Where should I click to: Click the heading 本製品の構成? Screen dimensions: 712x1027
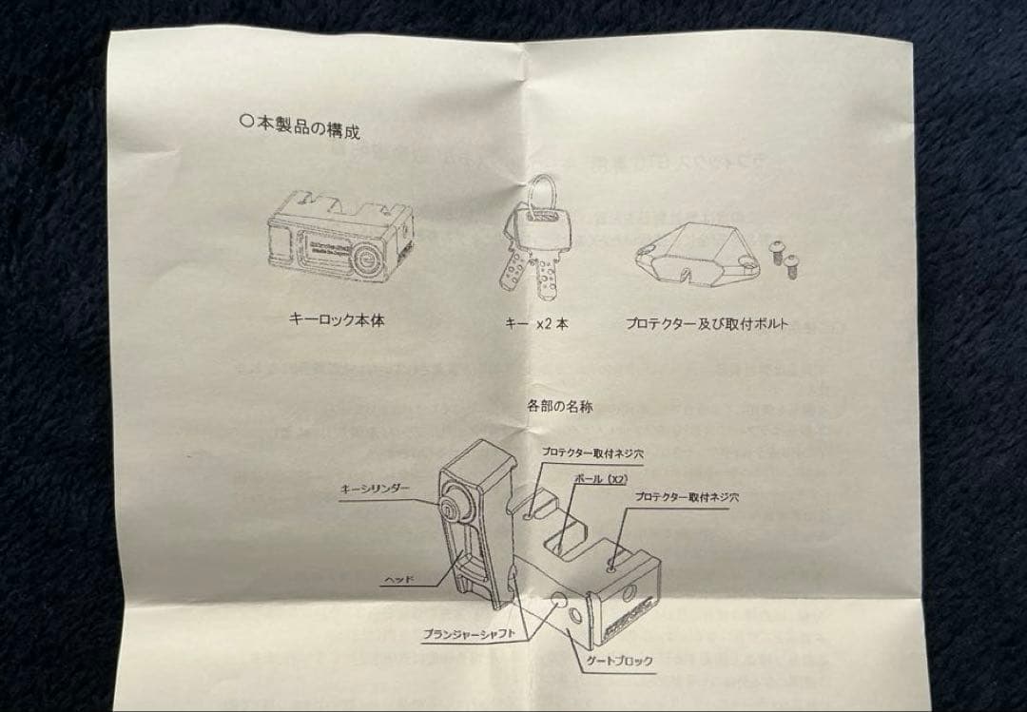click(309, 126)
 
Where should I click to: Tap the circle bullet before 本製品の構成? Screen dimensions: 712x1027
click(247, 121)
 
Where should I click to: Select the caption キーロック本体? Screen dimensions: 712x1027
click(337, 320)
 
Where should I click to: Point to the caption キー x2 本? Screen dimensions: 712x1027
click(536, 323)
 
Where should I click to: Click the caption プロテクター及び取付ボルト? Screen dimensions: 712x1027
click(707, 323)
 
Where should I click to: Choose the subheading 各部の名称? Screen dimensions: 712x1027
click(560, 406)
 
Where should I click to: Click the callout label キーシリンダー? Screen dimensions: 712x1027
click(376, 488)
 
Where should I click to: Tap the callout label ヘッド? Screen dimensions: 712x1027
click(397, 577)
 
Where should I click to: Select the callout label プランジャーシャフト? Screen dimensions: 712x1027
click(471, 633)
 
